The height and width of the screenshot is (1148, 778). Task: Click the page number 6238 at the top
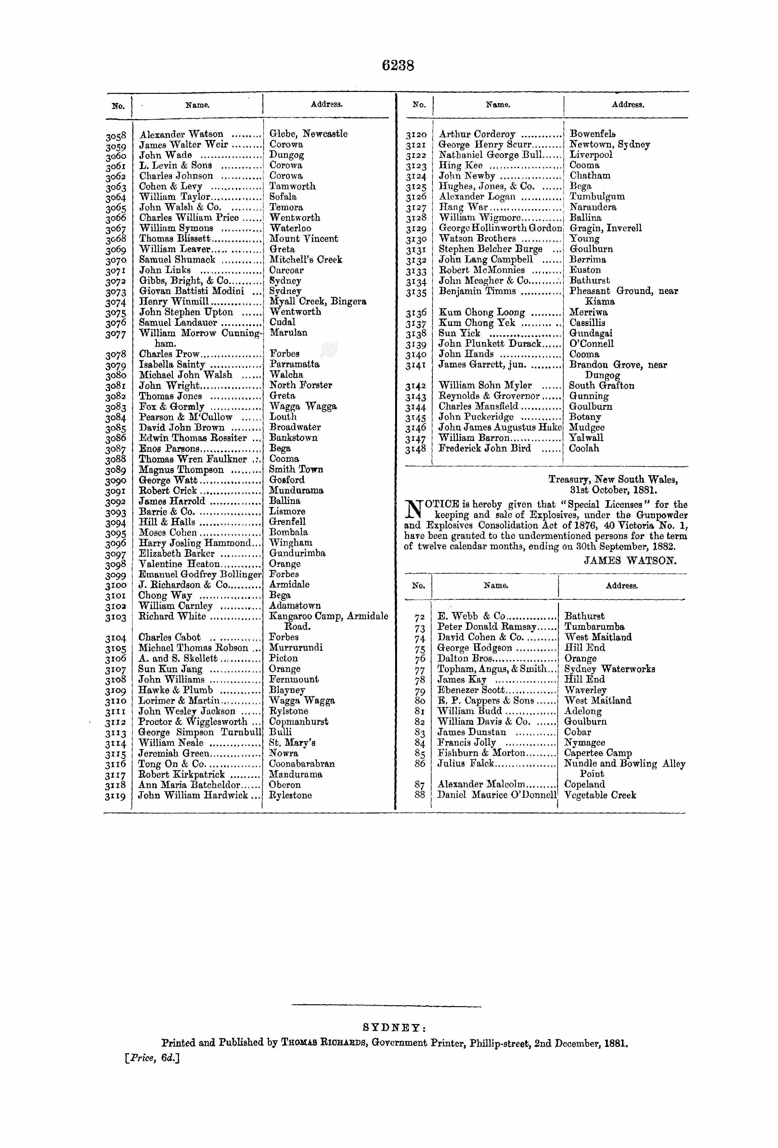tap(398, 66)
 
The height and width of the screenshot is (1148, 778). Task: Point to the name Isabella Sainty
tap(172, 365)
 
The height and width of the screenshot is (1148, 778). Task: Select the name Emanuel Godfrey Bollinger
tap(200, 575)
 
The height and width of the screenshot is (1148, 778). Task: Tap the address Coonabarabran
tap(302, 764)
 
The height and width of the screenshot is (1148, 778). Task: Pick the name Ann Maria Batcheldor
tap(189, 785)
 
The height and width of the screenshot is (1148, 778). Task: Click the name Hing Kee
tap(460, 165)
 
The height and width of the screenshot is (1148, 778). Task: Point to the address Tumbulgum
tap(597, 196)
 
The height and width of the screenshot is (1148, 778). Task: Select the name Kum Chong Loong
tap(482, 312)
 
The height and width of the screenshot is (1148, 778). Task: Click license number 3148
tap(416, 449)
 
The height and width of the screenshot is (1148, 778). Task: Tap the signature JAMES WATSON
tap(630, 561)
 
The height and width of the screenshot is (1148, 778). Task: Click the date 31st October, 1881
tap(613, 491)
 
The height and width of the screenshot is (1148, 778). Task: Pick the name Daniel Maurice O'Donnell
tap(496, 795)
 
